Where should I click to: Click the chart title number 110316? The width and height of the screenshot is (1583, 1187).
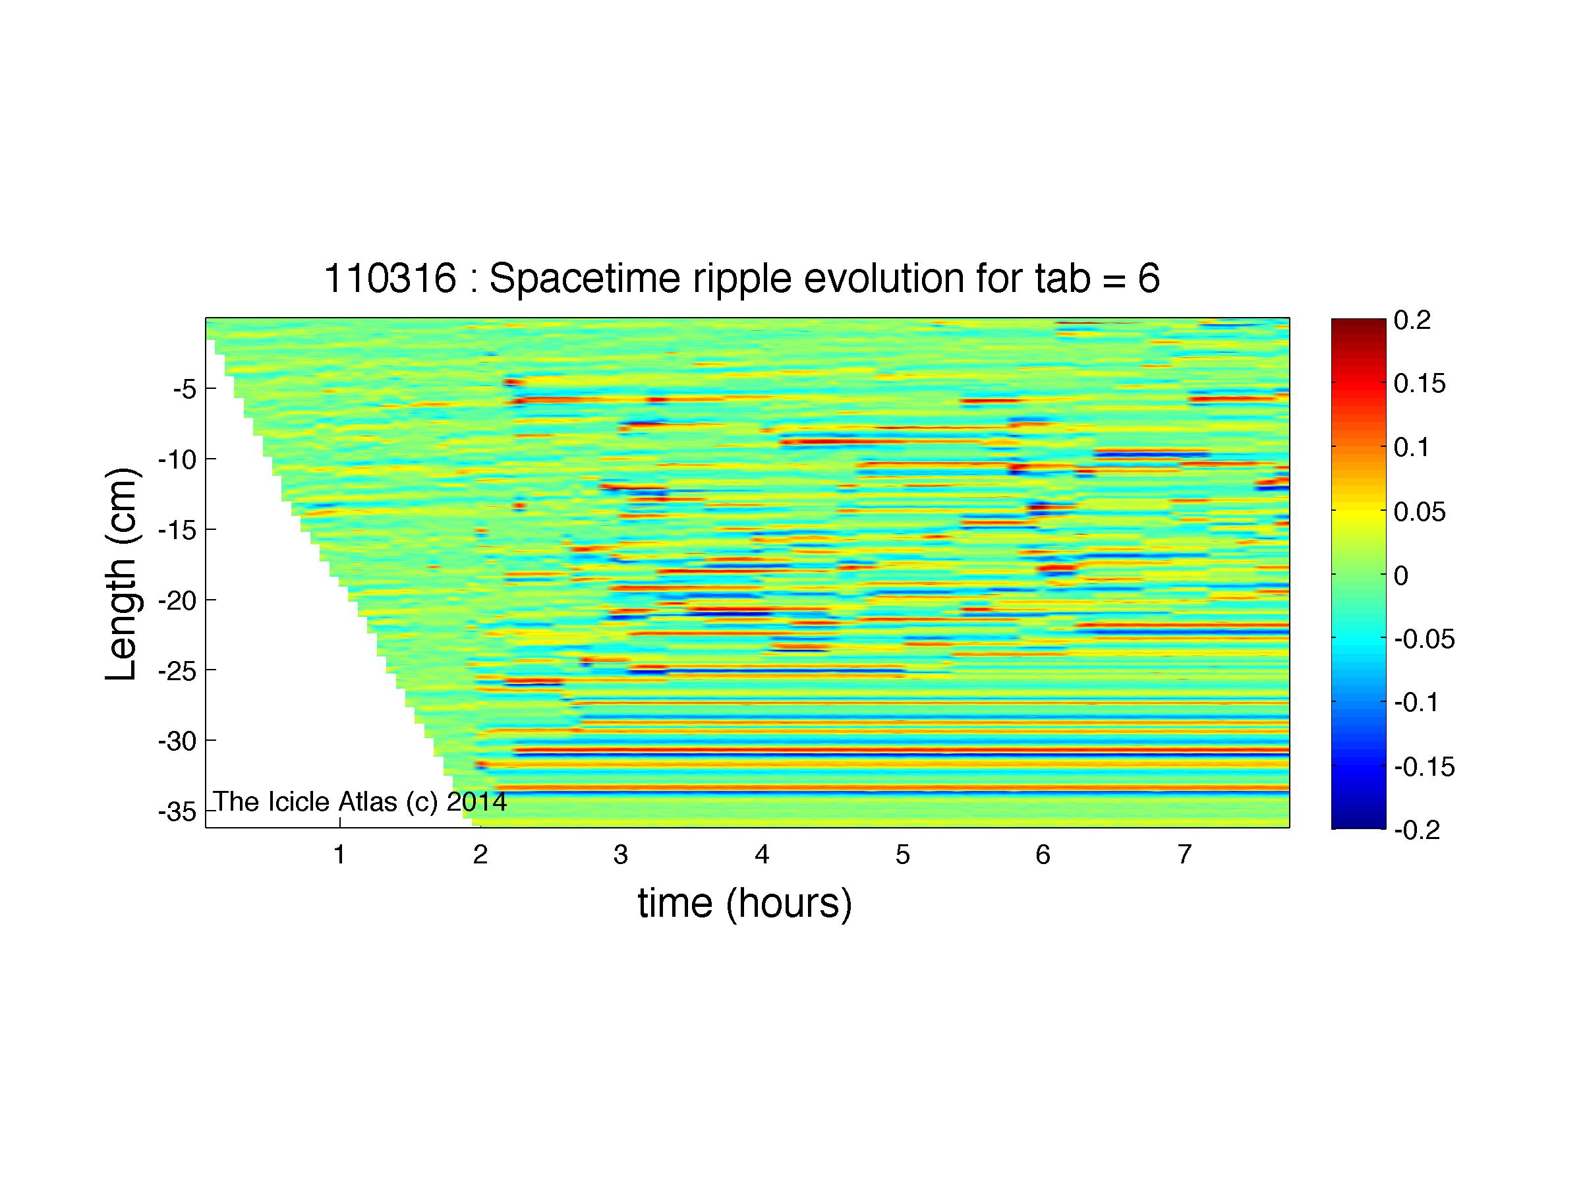(x=390, y=277)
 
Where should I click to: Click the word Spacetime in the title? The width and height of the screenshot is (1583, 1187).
(x=587, y=277)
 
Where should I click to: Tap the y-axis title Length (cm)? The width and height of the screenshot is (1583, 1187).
(x=122, y=574)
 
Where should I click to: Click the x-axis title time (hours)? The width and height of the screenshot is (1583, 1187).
(x=745, y=903)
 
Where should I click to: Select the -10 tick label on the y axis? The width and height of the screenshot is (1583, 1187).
(x=177, y=459)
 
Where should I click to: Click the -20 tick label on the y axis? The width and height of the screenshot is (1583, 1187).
(x=177, y=600)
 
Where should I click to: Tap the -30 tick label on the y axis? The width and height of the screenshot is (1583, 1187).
(x=177, y=741)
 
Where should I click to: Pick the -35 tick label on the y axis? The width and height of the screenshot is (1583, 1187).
(x=177, y=812)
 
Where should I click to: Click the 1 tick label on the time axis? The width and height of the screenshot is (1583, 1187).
(x=340, y=854)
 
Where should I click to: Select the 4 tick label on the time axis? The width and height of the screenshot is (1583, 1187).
(x=761, y=854)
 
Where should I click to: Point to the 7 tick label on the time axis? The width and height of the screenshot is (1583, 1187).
(x=1184, y=854)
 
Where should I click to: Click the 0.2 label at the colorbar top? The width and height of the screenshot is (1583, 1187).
(x=1412, y=320)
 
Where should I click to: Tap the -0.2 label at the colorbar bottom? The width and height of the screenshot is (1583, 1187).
(x=1418, y=830)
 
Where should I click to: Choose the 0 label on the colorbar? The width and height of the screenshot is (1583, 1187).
(x=1401, y=575)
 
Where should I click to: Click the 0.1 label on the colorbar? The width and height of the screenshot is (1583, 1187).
(x=1412, y=448)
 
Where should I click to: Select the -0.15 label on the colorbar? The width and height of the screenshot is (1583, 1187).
(x=1424, y=767)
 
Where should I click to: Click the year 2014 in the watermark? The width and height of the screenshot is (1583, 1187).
(x=476, y=802)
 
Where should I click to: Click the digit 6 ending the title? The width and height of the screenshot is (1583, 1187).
(x=1149, y=277)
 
